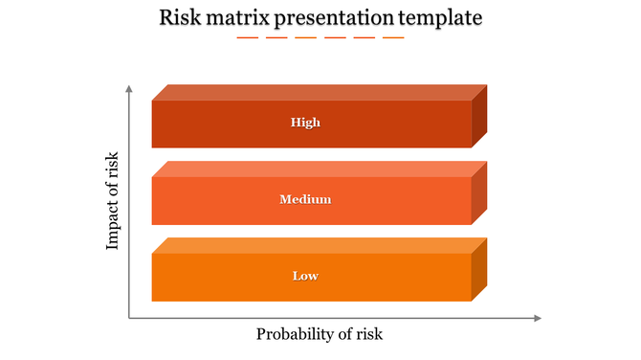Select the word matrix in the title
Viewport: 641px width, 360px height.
point(241,17)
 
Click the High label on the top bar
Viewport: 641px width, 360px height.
point(305,123)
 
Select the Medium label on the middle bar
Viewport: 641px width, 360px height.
point(305,199)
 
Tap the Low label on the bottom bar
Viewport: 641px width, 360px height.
point(305,276)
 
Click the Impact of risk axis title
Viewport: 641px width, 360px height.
point(113,201)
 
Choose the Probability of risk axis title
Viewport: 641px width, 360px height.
point(320,334)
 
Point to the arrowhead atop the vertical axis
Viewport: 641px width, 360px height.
point(129,88)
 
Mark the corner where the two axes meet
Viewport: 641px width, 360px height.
point(129,318)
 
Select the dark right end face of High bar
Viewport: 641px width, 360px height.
point(479,116)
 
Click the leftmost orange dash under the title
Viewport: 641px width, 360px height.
point(247,37)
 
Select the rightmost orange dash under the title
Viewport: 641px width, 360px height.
point(393,37)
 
